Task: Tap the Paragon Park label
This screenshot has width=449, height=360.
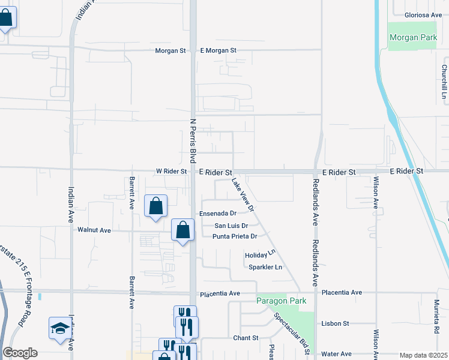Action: coord(281,301)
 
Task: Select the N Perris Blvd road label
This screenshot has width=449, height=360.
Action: coord(193,140)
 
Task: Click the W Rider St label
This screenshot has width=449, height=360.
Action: coord(171,171)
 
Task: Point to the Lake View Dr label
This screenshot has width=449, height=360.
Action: coord(243,194)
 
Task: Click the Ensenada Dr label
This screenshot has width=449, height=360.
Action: coord(218,213)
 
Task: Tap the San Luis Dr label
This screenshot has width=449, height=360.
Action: coord(232,226)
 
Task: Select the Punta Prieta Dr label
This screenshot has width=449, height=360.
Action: coord(235,236)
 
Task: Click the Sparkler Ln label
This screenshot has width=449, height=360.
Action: coord(265,267)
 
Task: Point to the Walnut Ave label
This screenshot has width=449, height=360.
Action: coord(94,230)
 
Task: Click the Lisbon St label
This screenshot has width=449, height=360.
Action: coord(335,323)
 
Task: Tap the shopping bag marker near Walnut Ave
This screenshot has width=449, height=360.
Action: coord(183,230)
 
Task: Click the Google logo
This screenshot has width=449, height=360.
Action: coord(20,353)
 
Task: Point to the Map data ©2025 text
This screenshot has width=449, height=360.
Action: coord(423,355)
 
